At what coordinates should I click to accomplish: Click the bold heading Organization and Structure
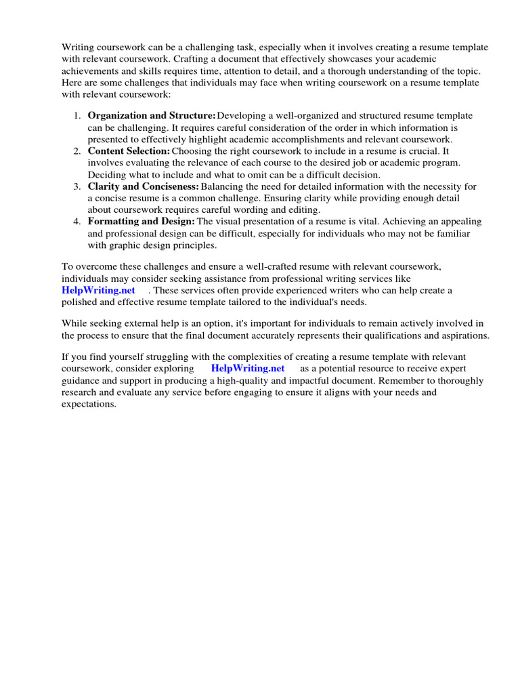[x=152, y=116]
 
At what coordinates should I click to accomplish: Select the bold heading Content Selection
[x=129, y=150]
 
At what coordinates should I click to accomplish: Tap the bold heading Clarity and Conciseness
[x=144, y=186]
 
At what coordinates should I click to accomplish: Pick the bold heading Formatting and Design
[x=142, y=222]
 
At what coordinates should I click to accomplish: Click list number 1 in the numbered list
[x=77, y=116]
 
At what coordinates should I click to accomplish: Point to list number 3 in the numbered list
[x=77, y=186]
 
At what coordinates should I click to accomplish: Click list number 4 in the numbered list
[x=77, y=222]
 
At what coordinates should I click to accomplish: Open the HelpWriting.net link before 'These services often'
[x=93, y=290]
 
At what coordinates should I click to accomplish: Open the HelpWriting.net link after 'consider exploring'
[x=248, y=368]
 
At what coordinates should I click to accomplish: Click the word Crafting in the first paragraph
[x=205, y=59]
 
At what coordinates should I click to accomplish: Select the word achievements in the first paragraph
[x=91, y=71]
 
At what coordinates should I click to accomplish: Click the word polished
[x=81, y=302]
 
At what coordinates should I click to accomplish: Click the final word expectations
[x=89, y=404]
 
